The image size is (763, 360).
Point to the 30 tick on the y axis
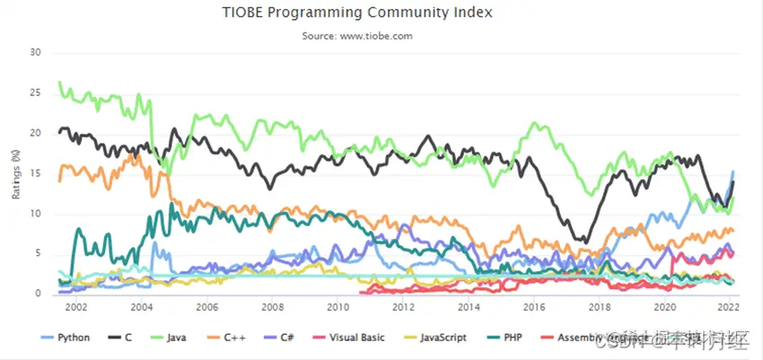(x=36, y=52)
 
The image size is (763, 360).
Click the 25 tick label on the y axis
(x=36, y=92)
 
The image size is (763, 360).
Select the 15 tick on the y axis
(x=36, y=173)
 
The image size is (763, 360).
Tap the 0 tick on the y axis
(x=39, y=294)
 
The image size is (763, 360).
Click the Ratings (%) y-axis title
(x=15, y=172)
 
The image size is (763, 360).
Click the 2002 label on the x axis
(x=76, y=307)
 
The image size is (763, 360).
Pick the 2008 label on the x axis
(x=273, y=307)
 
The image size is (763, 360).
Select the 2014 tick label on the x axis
(x=469, y=307)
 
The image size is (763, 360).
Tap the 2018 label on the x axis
(x=600, y=307)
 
